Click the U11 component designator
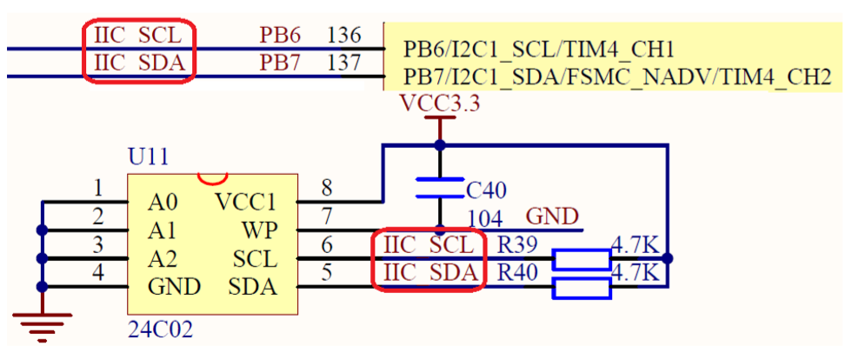click(x=149, y=157)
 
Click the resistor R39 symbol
click(x=582, y=258)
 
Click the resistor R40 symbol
click(x=582, y=288)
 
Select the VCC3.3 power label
click(x=440, y=104)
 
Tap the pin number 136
click(x=344, y=36)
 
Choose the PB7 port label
click(x=280, y=63)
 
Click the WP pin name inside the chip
click(x=258, y=231)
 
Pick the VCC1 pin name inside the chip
click(x=245, y=203)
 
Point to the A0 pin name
click(x=163, y=203)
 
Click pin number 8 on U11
click(x=327, y=188)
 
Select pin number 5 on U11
click(x=327, y=272)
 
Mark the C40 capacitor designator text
click(x=486, y=190)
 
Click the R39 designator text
click(x=516, y=244)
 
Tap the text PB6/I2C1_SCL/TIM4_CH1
click(x=539, y=49)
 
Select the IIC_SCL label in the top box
click(x=137, y=36)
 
